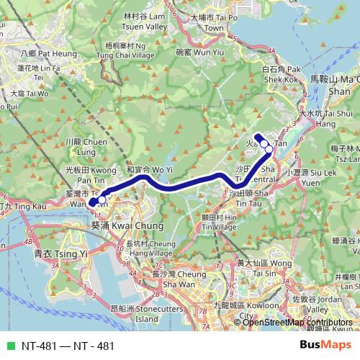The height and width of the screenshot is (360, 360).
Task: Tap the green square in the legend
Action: [9, 346]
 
